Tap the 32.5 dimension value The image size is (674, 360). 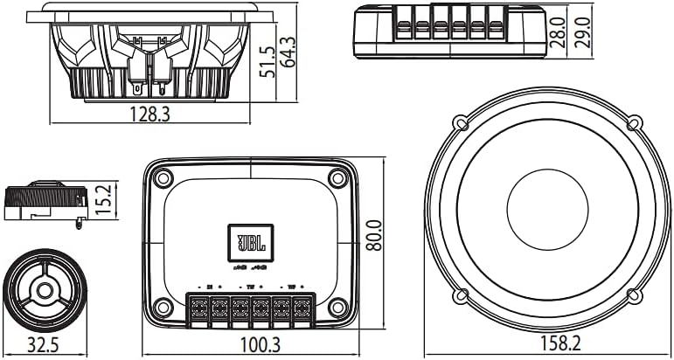[x=41, y=345]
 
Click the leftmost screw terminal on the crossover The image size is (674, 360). [x=198, y=308]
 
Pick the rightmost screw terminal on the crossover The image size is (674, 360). [x=302, y=308]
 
